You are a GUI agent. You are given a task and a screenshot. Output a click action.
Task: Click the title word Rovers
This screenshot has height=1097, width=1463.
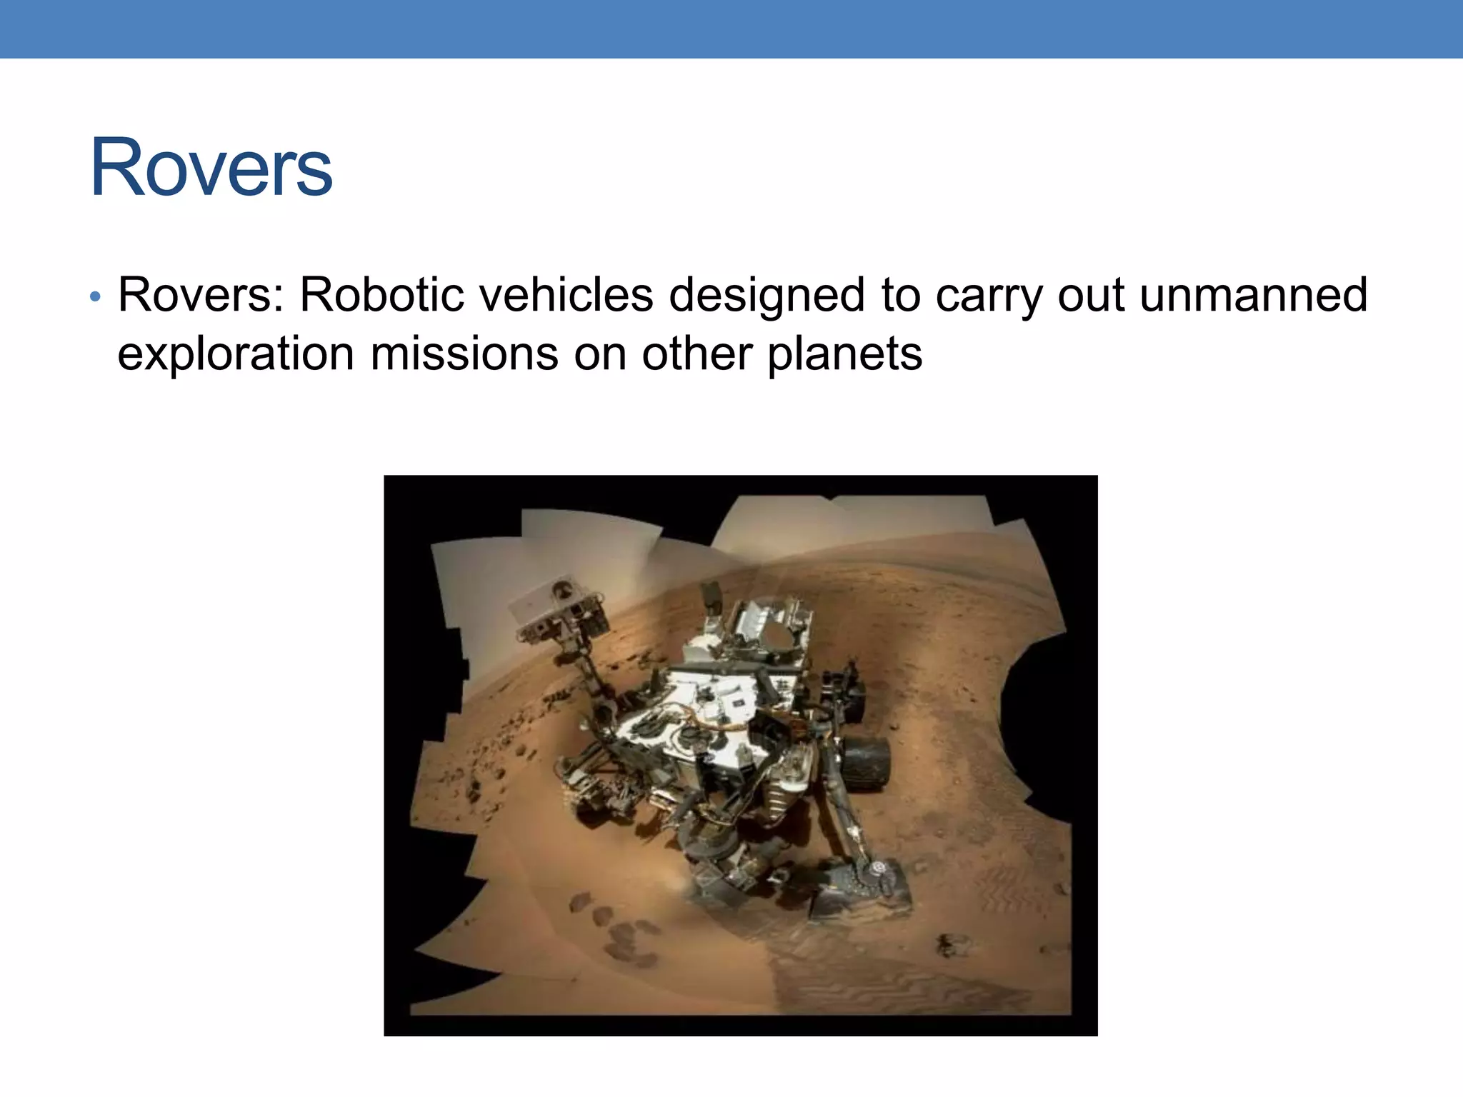[x=211, y=168]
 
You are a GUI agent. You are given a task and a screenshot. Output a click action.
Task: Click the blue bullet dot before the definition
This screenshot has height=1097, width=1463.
[x=95, y=296]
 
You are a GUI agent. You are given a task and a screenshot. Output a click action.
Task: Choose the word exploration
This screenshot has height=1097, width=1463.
[x=236, y=354]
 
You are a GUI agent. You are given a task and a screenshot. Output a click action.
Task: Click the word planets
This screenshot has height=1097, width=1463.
[x=844, y=354]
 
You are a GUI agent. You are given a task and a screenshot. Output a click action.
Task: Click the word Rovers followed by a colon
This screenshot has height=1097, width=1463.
[x=201, y=294]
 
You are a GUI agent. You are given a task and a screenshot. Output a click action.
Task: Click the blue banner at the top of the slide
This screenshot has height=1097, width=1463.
[x=731, y=29]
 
